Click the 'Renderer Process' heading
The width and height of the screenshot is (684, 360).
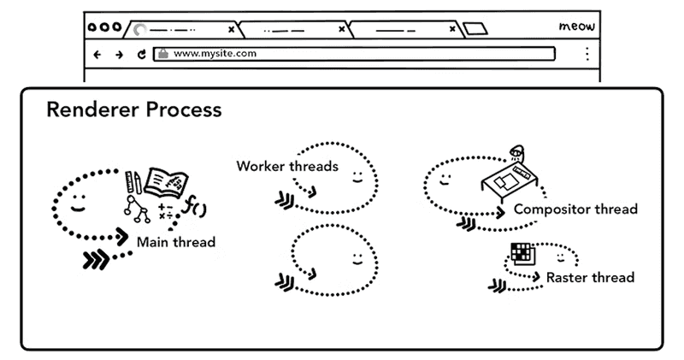coord(133,110)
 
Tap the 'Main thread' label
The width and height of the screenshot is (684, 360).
coord(176,242)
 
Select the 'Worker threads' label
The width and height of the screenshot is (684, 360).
coord(287,166)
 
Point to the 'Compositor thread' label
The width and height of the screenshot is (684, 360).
coord(575,209)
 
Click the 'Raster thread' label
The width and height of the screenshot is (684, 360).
coord(590,277)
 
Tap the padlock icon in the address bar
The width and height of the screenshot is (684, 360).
coord(162,53)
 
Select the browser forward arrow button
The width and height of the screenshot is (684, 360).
coord(119,54)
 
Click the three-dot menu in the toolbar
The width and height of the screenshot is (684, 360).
coord(587,54)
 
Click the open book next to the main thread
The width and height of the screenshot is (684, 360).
coord(167,182)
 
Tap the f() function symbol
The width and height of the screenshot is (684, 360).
coord(197,207)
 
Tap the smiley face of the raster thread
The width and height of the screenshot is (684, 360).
coord(560,256)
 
